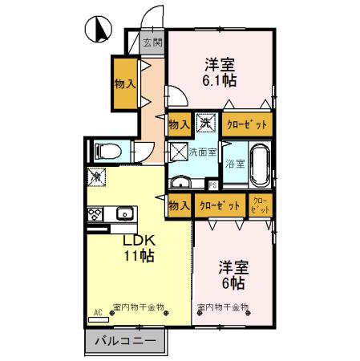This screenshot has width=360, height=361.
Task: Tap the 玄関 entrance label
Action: click(x=152, y=42)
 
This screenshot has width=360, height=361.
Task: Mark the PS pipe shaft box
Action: click(x=212, y=184)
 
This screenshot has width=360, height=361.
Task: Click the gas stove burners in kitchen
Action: click(x=95, y=213)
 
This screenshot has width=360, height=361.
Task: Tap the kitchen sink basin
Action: click(x=124, y=213)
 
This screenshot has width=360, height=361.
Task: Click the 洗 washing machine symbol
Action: click(x=207, y=124)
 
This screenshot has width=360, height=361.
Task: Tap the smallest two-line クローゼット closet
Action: click(x=261, y=205)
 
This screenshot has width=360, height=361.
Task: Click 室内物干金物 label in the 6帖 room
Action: click(x=223, y=307)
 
